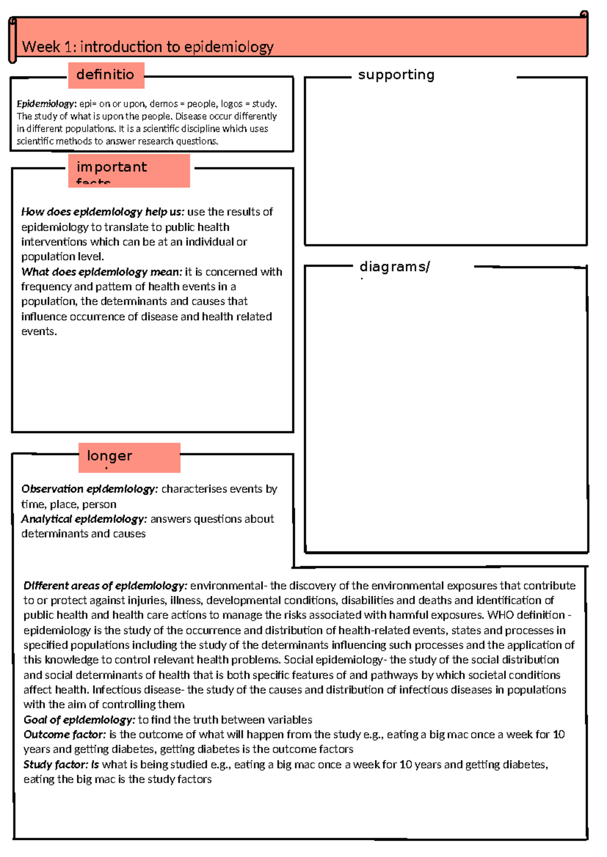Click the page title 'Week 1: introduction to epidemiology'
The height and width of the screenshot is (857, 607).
point(147,47)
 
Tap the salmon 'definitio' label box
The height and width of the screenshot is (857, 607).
point(106,75)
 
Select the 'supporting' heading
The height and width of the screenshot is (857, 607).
point(396,75)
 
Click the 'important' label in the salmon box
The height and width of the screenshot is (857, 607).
point(112,167)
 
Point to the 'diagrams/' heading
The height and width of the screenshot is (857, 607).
point(395,266)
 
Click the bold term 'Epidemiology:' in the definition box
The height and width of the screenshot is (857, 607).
point(47,104)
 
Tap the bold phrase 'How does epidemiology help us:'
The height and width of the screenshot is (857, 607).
point(103,212)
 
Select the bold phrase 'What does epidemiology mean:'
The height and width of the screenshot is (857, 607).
point(101,272)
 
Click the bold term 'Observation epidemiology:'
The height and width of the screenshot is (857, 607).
point(90,489)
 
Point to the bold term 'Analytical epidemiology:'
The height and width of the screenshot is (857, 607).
point(84,519)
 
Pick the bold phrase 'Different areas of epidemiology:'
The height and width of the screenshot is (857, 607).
point(105,586)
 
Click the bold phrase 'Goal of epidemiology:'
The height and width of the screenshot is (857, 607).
point(79,720)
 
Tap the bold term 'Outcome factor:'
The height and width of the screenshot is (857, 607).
point(65,734)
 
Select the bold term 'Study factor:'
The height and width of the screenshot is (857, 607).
point(61,765)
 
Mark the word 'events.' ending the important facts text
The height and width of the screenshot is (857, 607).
point(39,331)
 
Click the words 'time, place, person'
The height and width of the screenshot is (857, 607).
point(69,504)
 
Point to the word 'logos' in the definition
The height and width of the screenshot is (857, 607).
point(232,104)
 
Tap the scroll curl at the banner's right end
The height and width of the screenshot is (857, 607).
point(584,15)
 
